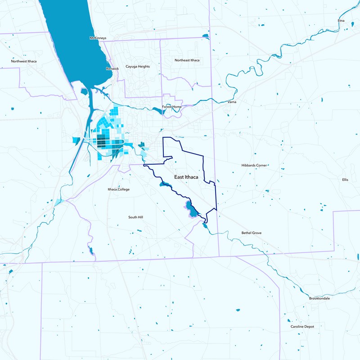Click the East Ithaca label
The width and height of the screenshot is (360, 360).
186,177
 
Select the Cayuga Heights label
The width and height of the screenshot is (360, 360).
137,67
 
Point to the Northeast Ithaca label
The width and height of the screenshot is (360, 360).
187,60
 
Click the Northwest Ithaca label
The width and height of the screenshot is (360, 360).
24,61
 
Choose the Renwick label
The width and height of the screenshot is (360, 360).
112,69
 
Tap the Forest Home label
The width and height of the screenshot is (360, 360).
171,107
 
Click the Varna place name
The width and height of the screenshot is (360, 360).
232,103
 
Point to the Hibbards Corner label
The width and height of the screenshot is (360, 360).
255,166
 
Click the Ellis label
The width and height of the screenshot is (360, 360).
345,180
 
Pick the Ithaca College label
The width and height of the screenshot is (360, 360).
118,189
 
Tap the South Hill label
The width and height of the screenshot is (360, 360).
135,217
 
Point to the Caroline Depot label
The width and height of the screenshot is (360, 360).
302,326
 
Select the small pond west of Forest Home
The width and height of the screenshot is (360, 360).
157,108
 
